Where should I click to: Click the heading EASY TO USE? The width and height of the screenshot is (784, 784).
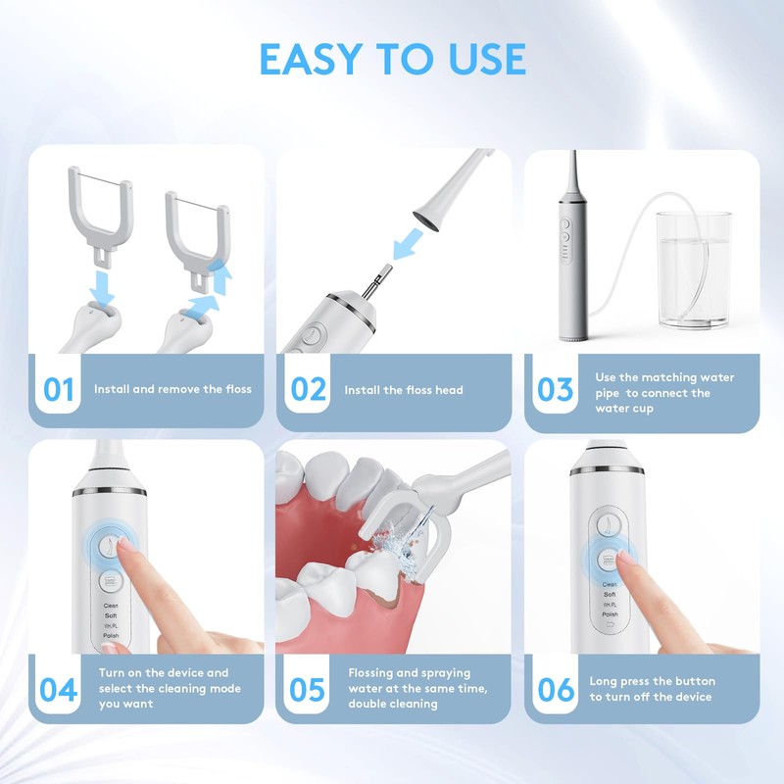pyautogui.click(x=393, y=59)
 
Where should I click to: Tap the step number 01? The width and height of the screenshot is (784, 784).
pyautogui.click(x=59, y=389)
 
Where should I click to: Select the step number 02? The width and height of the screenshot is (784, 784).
pyautogui.click(x=308, y=389)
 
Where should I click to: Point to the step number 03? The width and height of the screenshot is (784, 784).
pyautogui.click(x=555, y=389)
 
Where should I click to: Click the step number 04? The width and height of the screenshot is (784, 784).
pyautogui.click(x=59, y=690)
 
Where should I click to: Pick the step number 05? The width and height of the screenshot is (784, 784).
pyautogui.click(x=307, y=690)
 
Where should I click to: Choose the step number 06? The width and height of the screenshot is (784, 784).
pyautogui.click(x=556, y=690)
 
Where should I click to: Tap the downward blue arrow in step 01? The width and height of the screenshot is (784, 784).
pyautogui.click(x=103, y=288)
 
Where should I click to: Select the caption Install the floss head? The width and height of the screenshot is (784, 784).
pyautogui.click(x=404, y=390)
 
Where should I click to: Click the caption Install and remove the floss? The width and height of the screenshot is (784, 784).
pyautogui.click(x=172, y=389)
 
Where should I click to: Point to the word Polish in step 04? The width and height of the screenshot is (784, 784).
pyautogui.click(x=111, y=635)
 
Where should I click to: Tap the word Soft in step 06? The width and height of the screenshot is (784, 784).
pyautogui.click(x=610, y=595)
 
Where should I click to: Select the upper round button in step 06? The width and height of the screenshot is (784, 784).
pyautogui.click(x=610, y=525)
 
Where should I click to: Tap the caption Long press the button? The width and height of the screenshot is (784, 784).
pyautogui.click(x=652, y=681)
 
